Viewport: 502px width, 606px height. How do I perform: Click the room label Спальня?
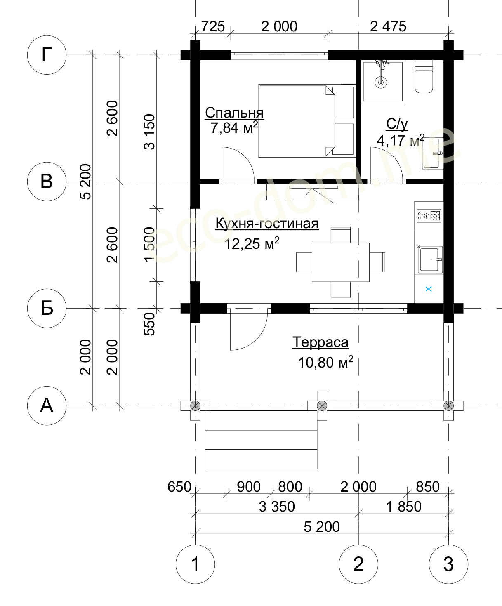[x=234, y=113]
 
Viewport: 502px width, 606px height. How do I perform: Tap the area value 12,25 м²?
[x=252, y=243]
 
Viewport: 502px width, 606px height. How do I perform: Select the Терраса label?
[x=321, y=342]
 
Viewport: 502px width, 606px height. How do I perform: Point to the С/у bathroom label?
[x=397, y=124]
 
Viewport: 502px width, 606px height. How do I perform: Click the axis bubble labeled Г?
[x=47, y=55]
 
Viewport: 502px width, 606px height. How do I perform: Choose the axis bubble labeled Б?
[x=47, y=308]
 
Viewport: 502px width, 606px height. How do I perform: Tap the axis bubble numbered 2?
[x=358, y=564]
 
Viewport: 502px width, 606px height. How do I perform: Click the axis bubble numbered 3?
[x=448, y=564]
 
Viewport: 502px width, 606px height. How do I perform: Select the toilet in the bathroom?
[x=424, y=77]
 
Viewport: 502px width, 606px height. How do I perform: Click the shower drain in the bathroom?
[x=381, y=83]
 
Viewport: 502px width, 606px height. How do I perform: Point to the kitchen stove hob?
[x=429, y=216]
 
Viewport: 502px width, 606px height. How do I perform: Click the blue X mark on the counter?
[x=429, y=289]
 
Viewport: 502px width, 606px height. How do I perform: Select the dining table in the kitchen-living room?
[x=341, y=262]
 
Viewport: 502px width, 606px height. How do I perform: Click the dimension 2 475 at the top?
[x=388, y=27]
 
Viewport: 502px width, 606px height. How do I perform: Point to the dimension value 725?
[x=213, y=27]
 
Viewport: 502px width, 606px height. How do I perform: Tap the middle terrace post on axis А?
[x=322, y=406]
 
